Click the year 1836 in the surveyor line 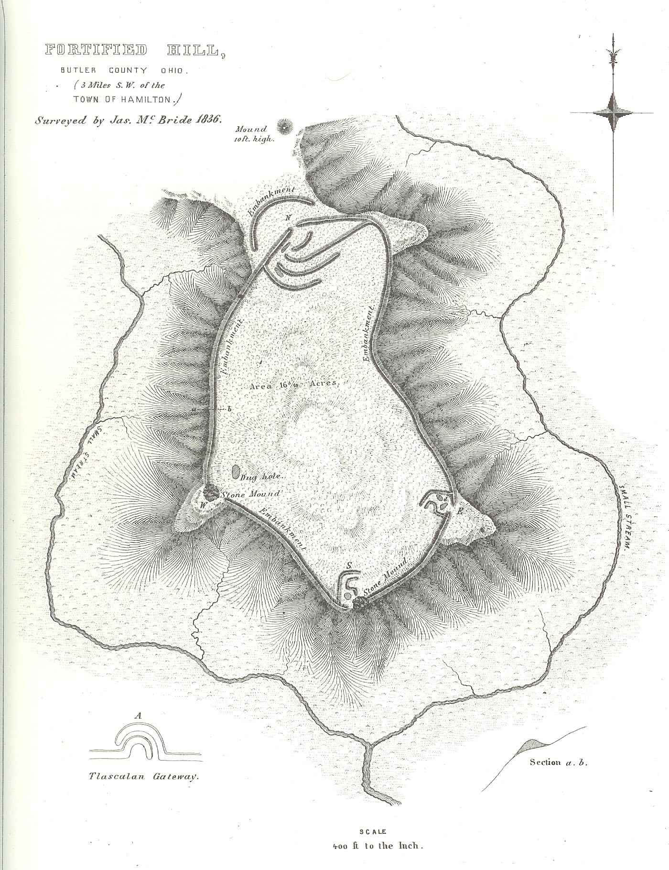coord(207,120)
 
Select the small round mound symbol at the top coord(286,125)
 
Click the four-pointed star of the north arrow coord(612,113)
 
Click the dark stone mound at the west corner coord(210,491)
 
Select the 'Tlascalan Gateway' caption coord(143,777)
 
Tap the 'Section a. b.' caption coord(558,762)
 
